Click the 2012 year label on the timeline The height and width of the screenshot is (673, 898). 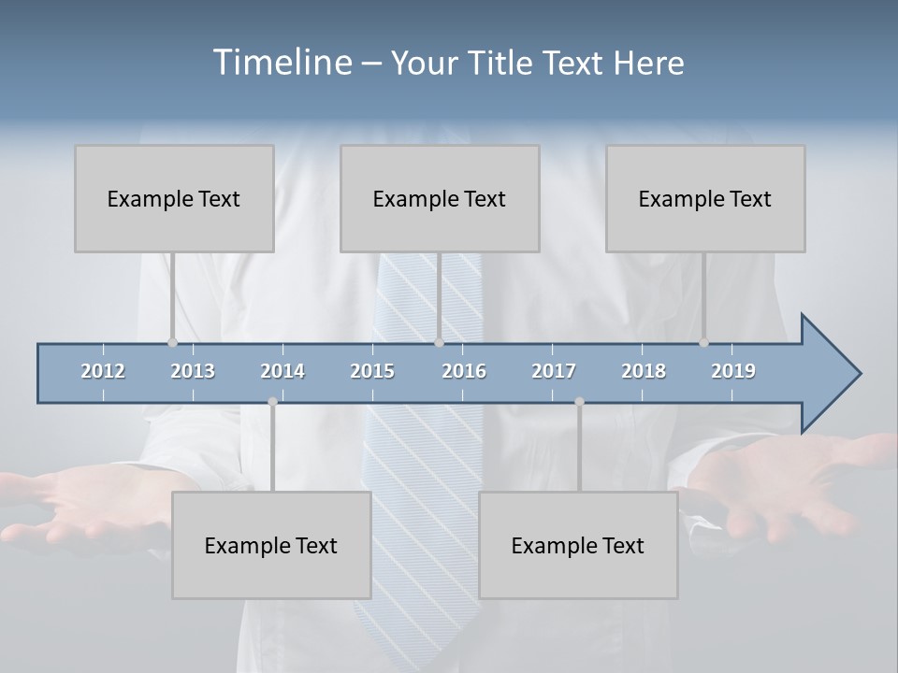tap(103, 371)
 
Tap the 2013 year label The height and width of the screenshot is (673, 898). tap(193, 371)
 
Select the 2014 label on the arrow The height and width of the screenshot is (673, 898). tap(282, 371)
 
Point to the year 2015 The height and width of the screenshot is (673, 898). tap(372, 371)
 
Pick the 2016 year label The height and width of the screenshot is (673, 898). tap(464, 371)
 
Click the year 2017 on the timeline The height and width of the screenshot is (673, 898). tap(554, 371)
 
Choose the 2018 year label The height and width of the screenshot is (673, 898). tap(644, 371)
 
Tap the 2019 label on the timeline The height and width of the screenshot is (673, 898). tap(733, 371)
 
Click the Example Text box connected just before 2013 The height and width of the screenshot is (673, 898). tap(174, 198)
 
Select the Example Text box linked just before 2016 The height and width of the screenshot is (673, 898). tap(440, 198)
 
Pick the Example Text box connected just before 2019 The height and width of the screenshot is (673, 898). tap(705, 198)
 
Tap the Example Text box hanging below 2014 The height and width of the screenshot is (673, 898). tap(271, 545)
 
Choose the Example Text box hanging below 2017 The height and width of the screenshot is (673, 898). tap(578, 545)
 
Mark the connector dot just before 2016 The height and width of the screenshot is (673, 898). tap(439, 343)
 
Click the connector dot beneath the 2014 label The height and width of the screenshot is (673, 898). tap(272, 402)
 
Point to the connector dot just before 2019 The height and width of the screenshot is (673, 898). tap(704, 343)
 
